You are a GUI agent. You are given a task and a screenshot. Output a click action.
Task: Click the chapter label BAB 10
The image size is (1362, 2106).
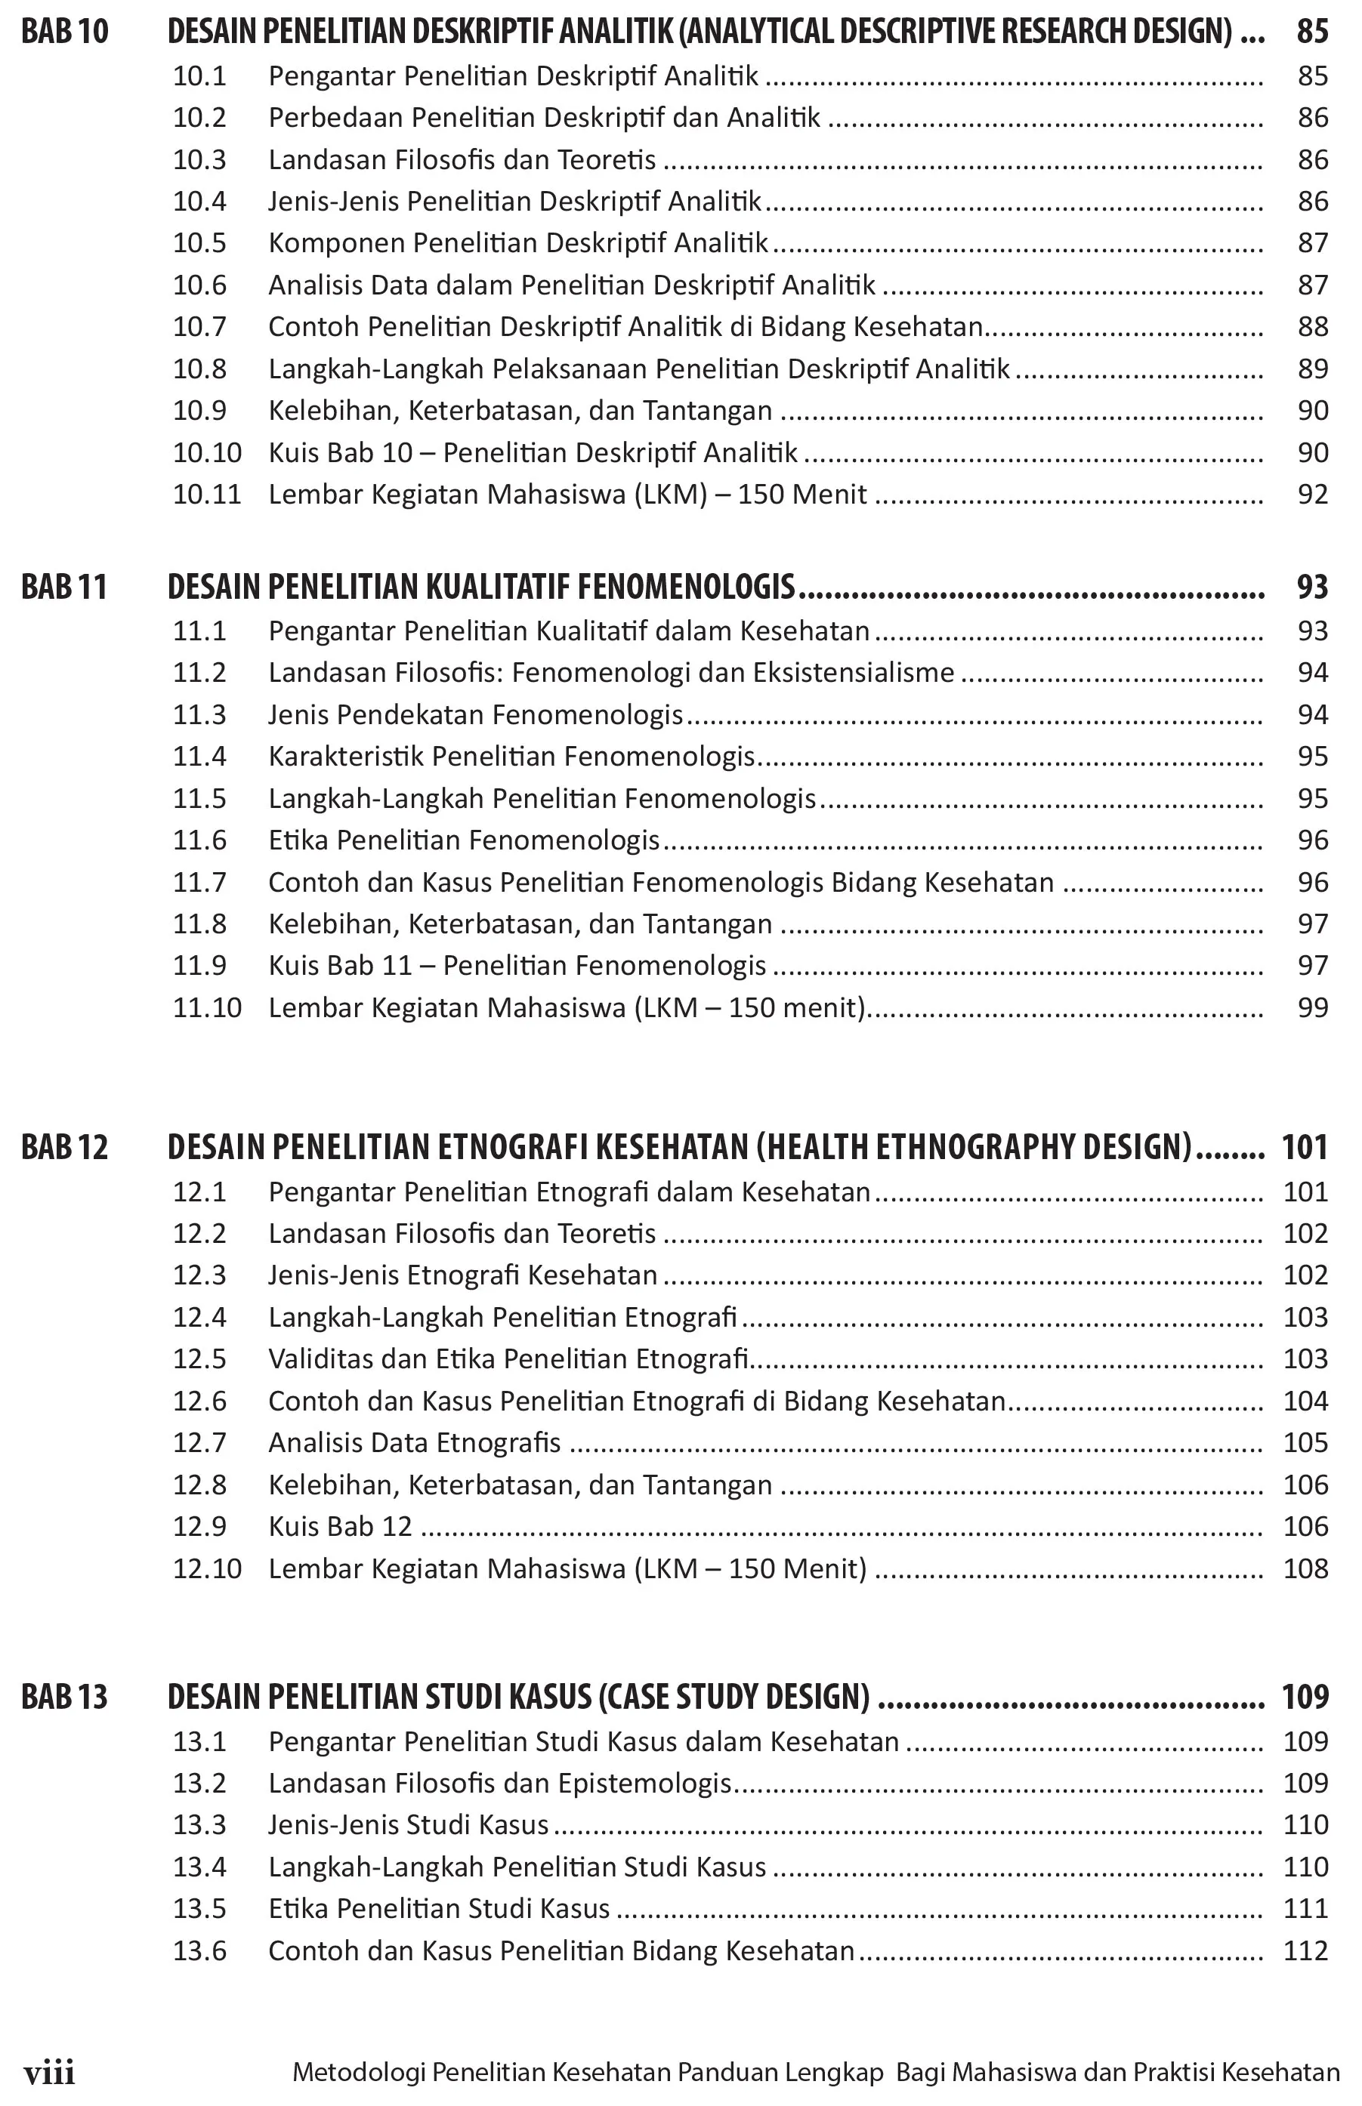(64, 32)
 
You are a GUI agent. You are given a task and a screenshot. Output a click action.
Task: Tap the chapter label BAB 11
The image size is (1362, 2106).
(63, 587)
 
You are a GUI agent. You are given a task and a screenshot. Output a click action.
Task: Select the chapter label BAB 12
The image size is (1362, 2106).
(64, 1148)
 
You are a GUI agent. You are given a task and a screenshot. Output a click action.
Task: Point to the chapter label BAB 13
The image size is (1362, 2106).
(64, 1697)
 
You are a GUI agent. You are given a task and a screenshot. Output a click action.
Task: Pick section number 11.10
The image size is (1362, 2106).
(207, 1008)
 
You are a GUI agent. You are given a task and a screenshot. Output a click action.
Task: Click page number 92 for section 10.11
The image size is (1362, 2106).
(1312, 495)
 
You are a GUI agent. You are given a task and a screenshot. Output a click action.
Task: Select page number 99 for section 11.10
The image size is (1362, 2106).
(1312, 1008)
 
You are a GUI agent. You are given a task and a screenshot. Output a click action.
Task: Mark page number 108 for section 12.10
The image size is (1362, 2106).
(1305, 1568)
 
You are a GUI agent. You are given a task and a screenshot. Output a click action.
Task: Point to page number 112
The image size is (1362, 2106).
(1305, 1951)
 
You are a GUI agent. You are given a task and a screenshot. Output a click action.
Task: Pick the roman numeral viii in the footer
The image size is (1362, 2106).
(50, 2074)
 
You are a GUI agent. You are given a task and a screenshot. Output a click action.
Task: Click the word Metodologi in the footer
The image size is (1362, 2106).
(358, 2074)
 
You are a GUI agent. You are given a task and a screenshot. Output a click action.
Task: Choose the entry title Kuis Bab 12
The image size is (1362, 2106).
(341, 1527)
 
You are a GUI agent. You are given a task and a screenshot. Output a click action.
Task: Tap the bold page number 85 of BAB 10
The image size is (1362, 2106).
(1312, 32)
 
